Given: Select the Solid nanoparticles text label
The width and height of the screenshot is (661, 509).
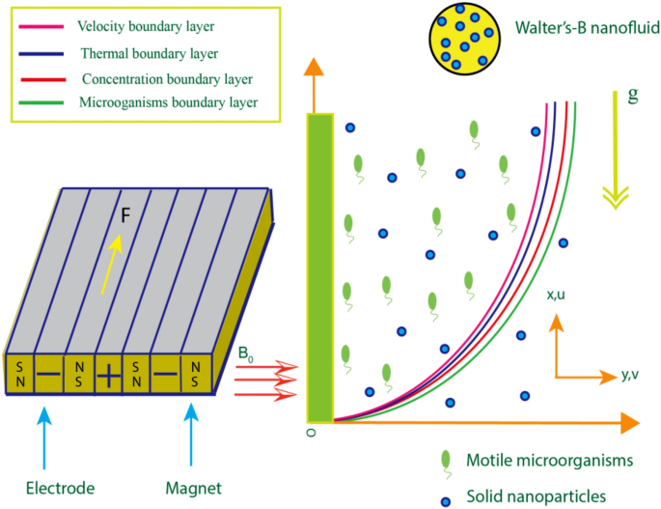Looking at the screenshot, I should [537, 495].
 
